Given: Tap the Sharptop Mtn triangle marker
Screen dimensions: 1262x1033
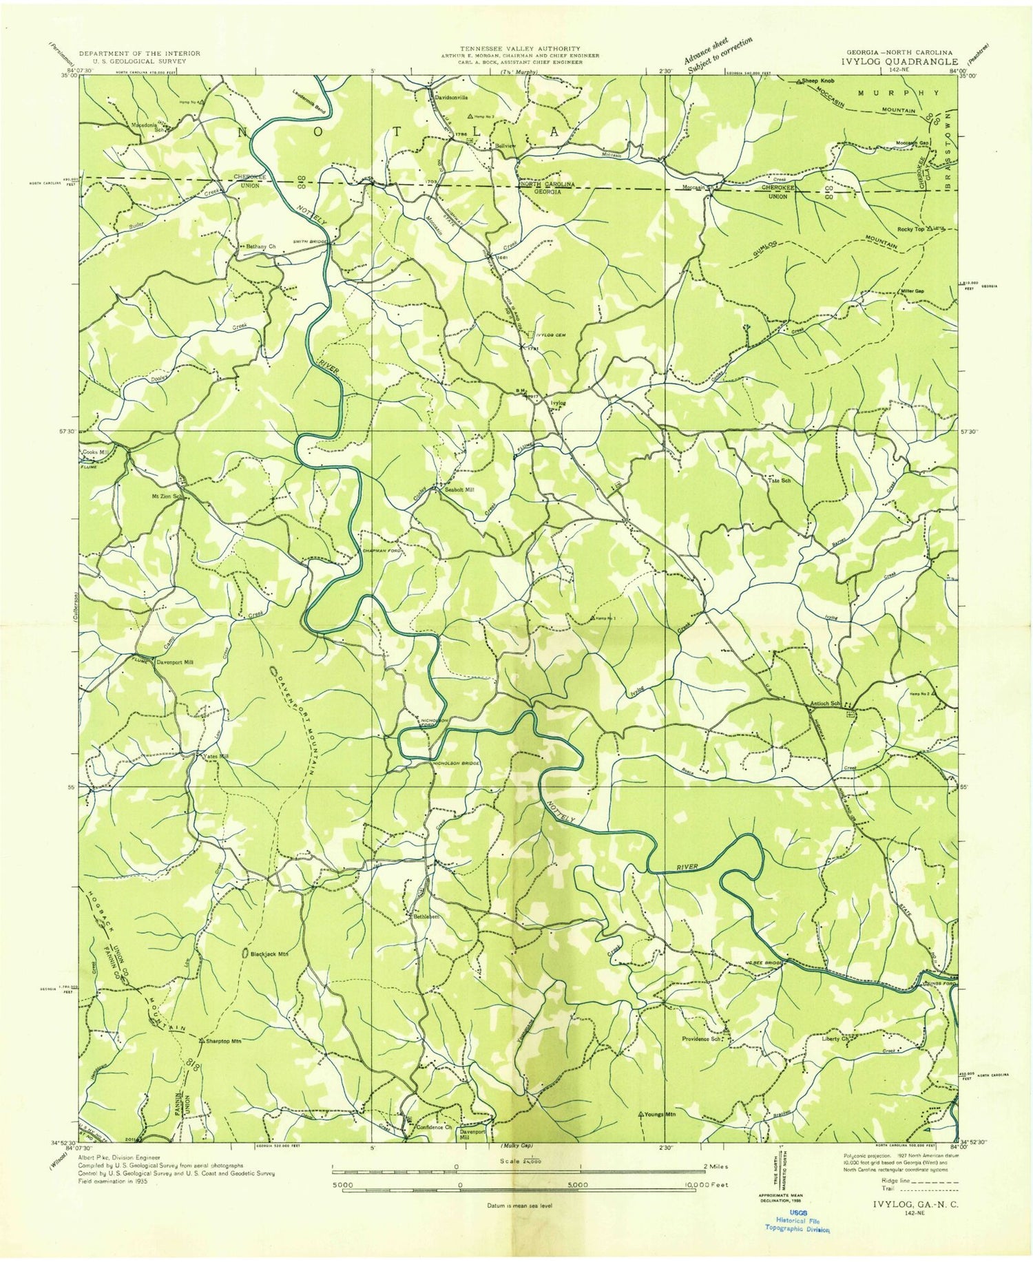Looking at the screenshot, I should click(x=200, y=1040).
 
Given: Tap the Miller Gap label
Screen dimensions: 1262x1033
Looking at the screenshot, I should click(x=912, y=291).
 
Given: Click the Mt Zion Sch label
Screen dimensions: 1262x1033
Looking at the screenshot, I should click(x=163, y=496).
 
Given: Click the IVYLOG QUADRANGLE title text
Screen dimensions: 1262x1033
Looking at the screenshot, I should click(x=899, y=61).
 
